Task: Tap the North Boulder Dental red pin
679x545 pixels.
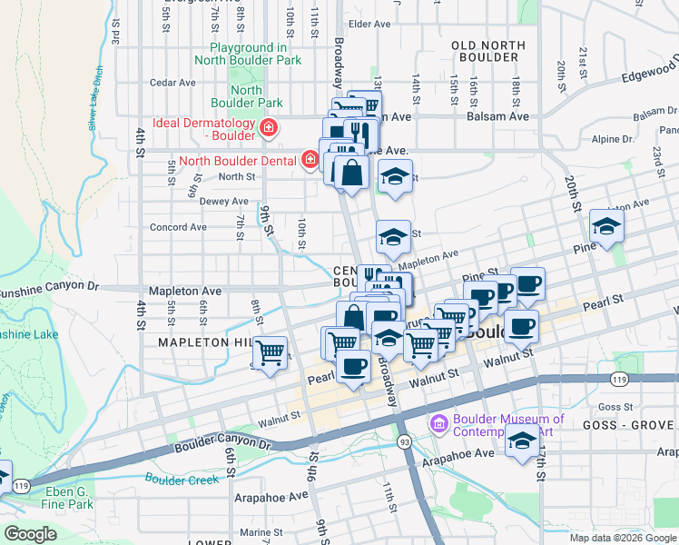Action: point(310,161)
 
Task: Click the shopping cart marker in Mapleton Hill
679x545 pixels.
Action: point(270,352)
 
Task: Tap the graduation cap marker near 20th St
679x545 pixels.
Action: point(606,227)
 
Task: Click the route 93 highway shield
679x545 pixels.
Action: point(404,441)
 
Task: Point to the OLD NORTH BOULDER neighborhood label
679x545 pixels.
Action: point(488,51)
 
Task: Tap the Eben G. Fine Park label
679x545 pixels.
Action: point(68,497)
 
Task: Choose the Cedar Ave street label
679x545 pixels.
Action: point(172,82)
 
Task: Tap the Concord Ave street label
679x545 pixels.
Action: point(178,227)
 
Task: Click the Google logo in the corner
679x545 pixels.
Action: point(31,534)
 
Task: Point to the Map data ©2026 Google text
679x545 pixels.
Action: point(622,538)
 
